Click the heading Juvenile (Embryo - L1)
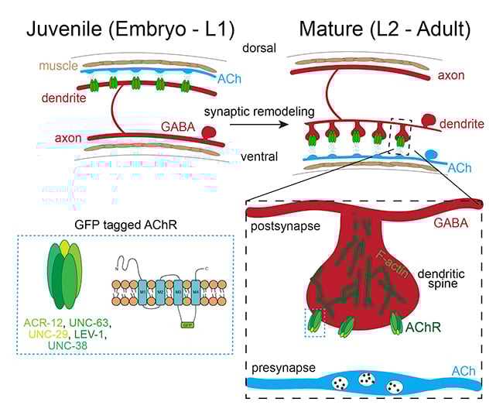pos(115,30)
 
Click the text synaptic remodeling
pos(251,111)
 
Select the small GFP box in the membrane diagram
pos(186,325)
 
